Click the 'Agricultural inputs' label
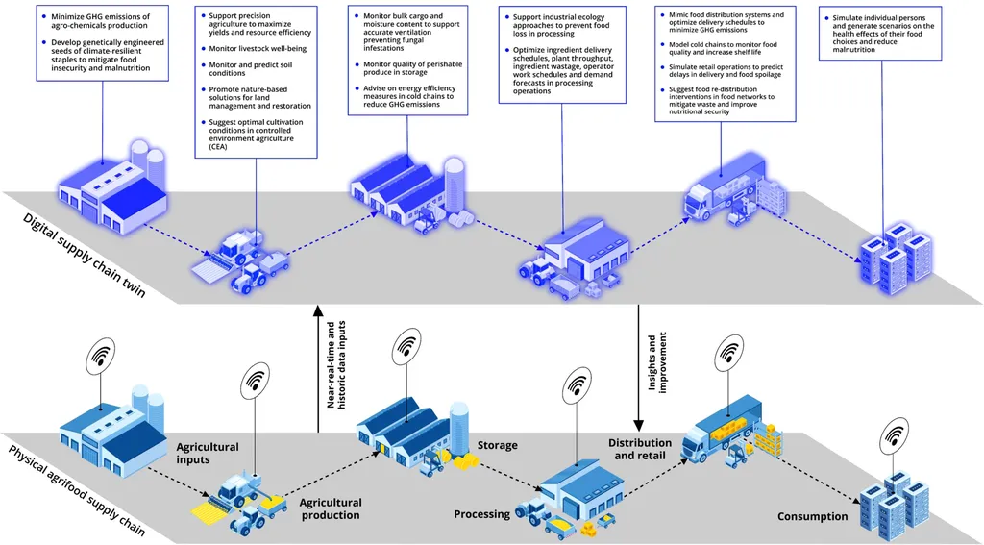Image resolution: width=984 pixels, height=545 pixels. pos(207,453)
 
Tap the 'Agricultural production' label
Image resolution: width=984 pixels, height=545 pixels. pos(330,508)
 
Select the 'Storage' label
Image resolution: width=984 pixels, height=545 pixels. pos(497,445)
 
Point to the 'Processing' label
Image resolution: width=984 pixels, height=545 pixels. pos(481,514)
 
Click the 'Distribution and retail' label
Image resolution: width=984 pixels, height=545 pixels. pos(639,449)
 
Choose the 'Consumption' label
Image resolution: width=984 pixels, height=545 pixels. pos(812,516)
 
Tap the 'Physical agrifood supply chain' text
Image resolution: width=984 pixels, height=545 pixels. pos(77,490)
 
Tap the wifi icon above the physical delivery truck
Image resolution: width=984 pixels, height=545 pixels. pos(728,354)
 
